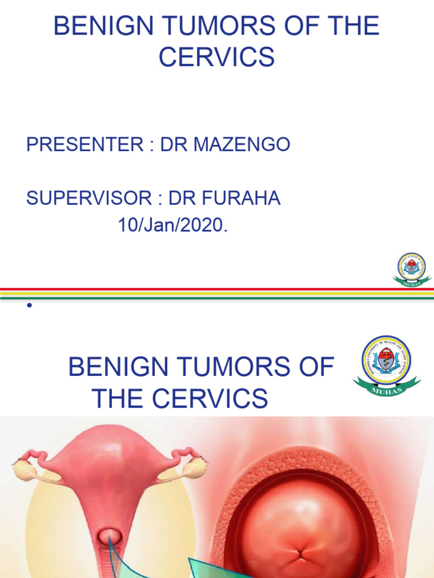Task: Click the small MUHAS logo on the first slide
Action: pyautogui.click(x=411, y=269)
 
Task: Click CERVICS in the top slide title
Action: pyautogui.click(x=217, y=58)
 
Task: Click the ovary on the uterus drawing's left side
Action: pyautogui.click(x=25, y=468)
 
